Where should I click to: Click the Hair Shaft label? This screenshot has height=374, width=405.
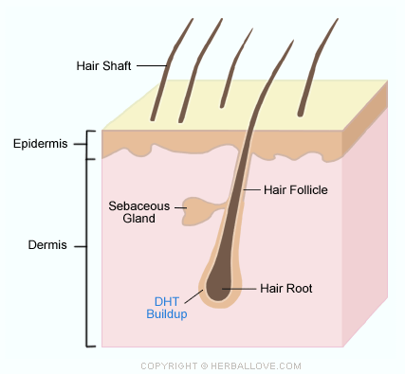pyautogui.click(x=103, y=66)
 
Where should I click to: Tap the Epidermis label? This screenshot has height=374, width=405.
pyautogui.click(x=41, y=144)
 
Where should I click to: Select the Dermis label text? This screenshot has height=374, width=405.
pyautogui.click(x=47, y=245)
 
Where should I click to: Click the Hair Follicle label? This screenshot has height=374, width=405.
pyautogui.click(x=296, y=190)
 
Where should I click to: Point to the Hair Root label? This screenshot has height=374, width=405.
pyautogui.click(x=286, y=289)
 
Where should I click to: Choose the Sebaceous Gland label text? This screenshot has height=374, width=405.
pyautogui.click(x=139, y=212)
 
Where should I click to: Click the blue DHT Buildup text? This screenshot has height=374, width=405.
pyautogui.click(x=167, y=308)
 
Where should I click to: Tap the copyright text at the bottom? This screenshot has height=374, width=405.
pyautogui.click(x=221, y=366)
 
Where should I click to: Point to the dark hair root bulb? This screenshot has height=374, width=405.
pyautogui.click(x=218, y=286)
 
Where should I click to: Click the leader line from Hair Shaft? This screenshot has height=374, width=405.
pyautogui.click(x=152, y=66)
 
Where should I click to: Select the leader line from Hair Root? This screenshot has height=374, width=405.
pyautogui.click(x=239, y=289)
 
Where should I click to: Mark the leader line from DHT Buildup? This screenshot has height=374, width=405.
pyautogui.click(x=193, y=296)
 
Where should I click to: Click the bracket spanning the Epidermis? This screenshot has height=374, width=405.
pyautogui.click(x=87, y=145)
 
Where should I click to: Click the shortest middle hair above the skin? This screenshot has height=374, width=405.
pyautogui.click(x=235, y=68)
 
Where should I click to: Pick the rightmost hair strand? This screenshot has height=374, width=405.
pyautogui.click(x=316, y=67)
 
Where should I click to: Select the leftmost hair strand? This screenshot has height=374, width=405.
pyautogui.click(x=170, y=69)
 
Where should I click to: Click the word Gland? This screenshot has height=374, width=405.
pyautogui.click(x=139, y=219)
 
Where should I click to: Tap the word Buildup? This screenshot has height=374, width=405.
pyautogui.click(x=167, y=314)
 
